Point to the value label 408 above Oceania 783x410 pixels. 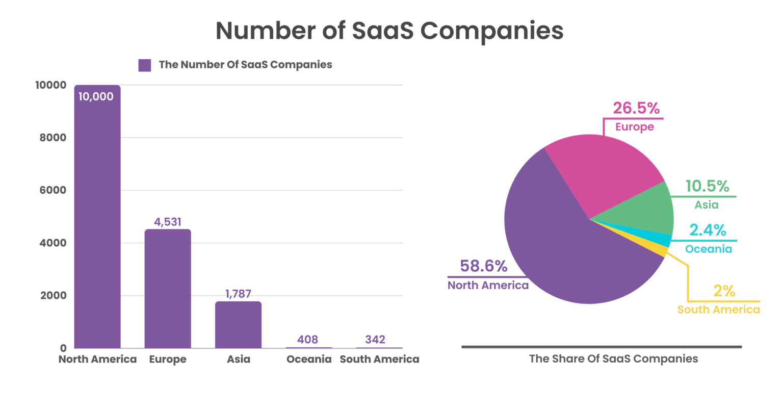(307, 340)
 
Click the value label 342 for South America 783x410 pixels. (375, 340)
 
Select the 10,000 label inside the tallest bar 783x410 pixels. (96, 97)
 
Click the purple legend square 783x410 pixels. (145, 65)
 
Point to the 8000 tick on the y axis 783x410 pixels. (53, 138)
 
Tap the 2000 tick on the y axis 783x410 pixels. (53, 296)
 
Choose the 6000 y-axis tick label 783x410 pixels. (53, 190)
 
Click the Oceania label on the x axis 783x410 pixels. (309, 360)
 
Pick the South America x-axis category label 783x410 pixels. (379, 360)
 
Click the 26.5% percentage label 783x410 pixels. (636, 108)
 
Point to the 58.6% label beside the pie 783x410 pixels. (483, 266)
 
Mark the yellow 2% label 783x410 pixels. (724, 291)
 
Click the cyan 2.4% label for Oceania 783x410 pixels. (708, 230)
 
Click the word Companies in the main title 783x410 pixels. (491, 31)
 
